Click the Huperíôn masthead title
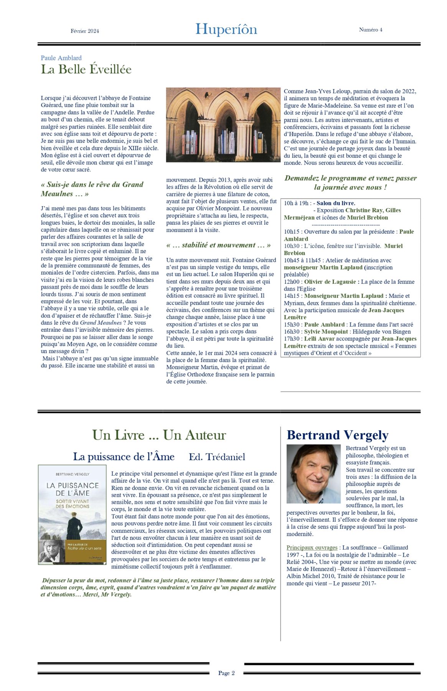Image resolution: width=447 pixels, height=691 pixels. tap(226, 30)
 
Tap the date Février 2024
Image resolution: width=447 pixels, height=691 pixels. tap(85, 31)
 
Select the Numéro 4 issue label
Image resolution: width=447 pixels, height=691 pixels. tap(370, 30)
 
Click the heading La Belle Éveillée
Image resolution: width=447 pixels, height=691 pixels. tap(86, 69)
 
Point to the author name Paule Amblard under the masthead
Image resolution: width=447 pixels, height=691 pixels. tap(61, 58)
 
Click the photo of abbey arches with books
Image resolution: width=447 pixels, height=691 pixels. tap(223, 125)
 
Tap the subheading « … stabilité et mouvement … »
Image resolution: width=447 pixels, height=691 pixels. tap(218, 245)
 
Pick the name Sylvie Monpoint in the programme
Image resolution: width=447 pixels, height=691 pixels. tap(326, 332)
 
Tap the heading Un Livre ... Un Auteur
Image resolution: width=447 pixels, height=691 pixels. tap(159, 435)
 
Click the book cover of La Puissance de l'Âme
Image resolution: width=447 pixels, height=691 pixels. tap(72, 514)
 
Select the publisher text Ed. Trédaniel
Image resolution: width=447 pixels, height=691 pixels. tap(217, 457)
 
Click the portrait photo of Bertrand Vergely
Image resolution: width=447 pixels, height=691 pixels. tap(313, 474)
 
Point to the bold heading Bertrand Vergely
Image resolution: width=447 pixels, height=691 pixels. tap(337, 435)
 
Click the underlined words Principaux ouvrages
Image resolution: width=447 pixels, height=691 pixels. tap(312, 547)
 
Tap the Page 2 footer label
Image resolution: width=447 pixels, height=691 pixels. tap(226, 673)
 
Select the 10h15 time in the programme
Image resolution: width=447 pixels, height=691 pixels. tap(292, 232)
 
